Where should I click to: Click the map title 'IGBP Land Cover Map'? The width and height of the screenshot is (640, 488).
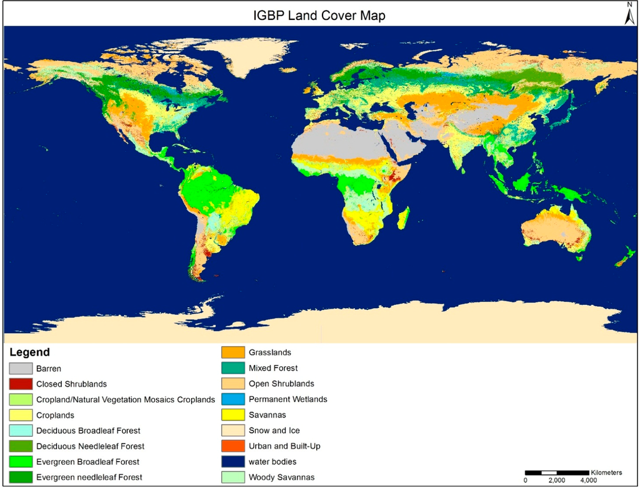319,16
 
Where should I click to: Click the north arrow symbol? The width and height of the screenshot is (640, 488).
630,14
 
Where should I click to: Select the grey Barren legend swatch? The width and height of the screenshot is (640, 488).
21,369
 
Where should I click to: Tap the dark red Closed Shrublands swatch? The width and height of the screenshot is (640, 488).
21,384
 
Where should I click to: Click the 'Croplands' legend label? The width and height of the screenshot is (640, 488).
55,415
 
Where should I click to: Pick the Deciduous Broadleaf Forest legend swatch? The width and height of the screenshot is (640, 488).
21,431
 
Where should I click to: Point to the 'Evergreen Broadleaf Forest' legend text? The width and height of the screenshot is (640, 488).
87,462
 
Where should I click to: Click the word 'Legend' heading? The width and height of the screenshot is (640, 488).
29,352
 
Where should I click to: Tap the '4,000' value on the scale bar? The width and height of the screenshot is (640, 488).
587,481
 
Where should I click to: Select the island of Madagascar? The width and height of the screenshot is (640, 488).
404,218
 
